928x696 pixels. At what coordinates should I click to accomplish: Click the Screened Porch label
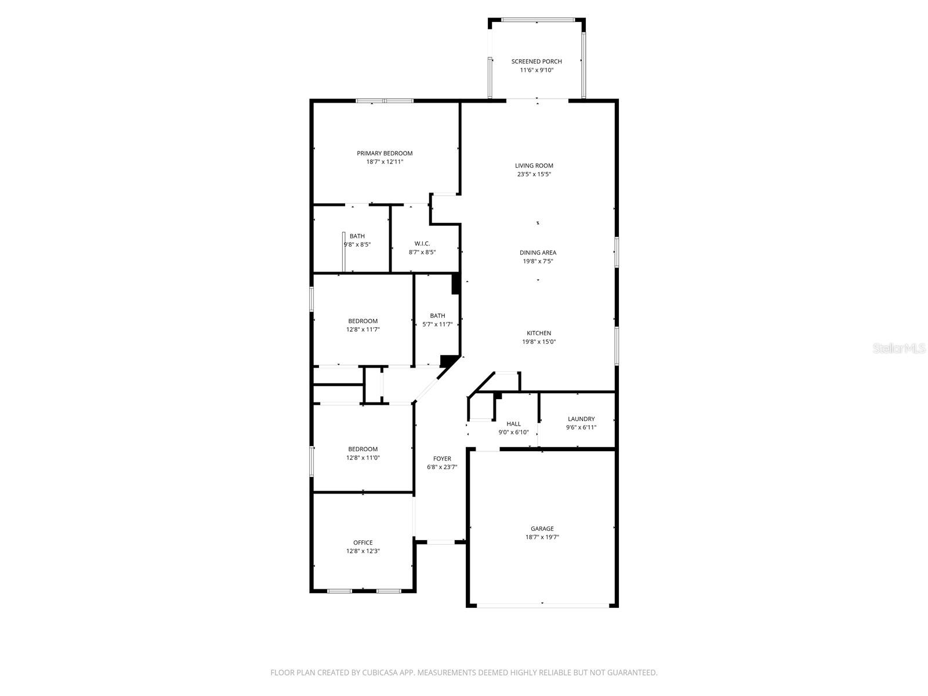536,61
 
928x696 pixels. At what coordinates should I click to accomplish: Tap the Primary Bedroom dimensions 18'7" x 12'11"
385,162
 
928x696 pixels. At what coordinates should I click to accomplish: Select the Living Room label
534,166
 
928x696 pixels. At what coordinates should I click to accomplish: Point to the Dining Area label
538,253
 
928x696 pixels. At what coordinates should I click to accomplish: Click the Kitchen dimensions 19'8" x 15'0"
539,342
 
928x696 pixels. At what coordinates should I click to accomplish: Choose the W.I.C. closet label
422,244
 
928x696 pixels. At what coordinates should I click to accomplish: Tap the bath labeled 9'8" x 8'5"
357,240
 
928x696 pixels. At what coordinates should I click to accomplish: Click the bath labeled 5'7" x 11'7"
438,320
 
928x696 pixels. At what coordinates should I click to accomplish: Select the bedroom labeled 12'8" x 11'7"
363,325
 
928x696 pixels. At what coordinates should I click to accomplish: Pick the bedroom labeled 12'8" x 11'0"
363,453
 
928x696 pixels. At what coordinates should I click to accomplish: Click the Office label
363,543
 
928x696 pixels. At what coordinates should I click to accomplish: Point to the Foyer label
442,459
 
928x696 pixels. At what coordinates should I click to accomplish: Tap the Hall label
513,424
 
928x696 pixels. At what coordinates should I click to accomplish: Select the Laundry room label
581,419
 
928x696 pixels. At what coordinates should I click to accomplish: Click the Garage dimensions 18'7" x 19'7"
542,538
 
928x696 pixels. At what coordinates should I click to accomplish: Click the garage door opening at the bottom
543,605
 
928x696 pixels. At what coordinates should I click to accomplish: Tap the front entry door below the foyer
441,542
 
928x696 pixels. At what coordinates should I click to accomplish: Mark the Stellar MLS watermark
900,348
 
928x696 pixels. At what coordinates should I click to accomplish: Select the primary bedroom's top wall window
385,101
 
